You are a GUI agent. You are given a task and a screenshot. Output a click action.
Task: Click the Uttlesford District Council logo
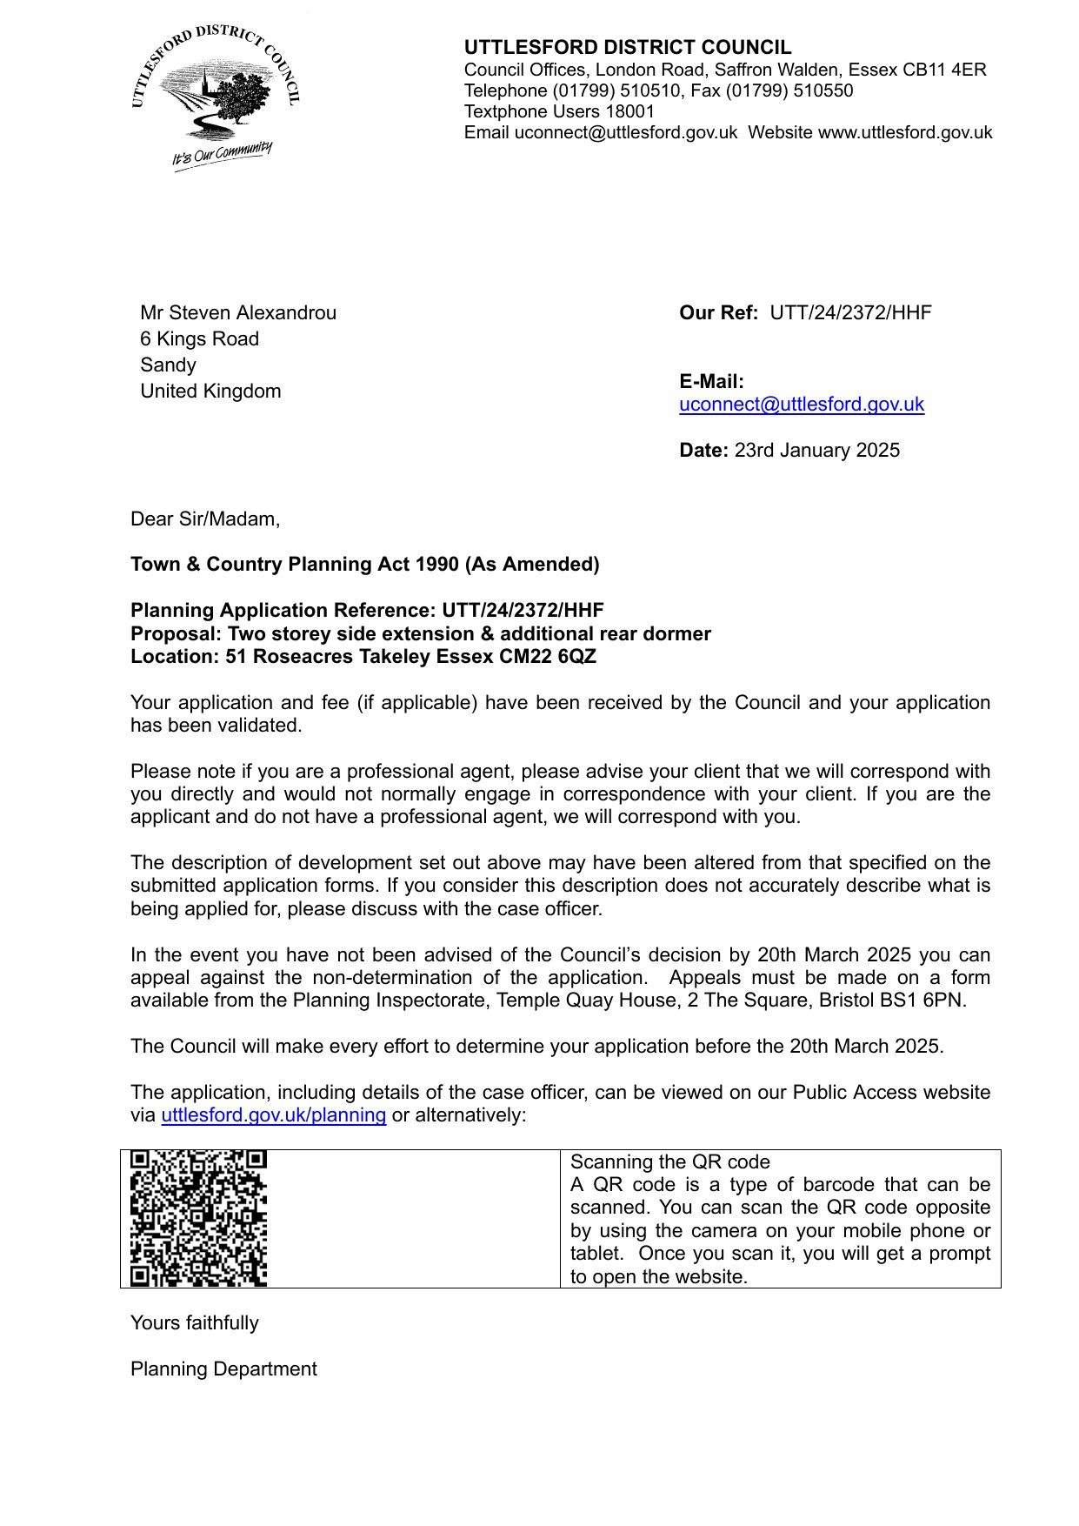(x=216, y=94)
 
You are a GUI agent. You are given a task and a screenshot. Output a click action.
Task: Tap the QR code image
(x=198, y=1218)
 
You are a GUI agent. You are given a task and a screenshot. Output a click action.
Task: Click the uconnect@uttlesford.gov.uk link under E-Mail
(x=801, y=405)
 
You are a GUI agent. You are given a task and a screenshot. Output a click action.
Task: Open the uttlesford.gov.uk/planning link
(x=273, y=1115)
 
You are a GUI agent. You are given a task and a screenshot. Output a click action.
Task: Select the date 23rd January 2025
(x=816, y=451)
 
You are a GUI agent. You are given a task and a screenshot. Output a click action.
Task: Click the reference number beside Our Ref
(x=850, y=313)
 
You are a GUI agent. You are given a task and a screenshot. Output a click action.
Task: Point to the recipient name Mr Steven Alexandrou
(x=238, y=313)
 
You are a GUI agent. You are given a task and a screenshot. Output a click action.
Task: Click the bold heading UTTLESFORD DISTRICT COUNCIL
(x=627, y=48)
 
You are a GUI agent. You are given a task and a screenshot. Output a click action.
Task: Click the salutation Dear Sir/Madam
(x=205, y=519)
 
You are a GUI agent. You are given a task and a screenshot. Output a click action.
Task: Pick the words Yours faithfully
(x=195, y=1323)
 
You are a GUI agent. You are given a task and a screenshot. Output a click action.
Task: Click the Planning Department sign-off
(x=223, y=1369)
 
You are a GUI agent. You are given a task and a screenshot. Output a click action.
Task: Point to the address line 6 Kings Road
(x=199, y=339)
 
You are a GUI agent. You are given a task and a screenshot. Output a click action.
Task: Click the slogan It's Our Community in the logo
(x=222, y=155)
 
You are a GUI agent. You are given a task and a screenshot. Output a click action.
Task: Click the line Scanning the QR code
(x=669, y=1162)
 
